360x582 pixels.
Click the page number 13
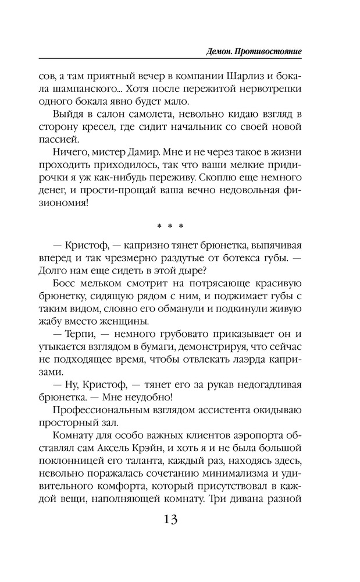coord(170,519)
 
